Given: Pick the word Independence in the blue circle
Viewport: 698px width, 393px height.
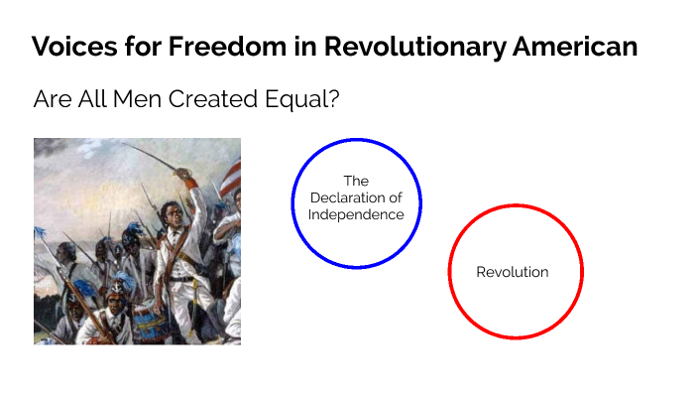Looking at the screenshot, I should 356,214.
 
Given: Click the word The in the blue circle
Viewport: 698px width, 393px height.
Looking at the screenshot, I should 356,181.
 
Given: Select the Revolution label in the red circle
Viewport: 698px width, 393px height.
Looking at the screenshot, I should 513,272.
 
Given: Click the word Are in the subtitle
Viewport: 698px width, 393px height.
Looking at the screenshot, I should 50,99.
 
